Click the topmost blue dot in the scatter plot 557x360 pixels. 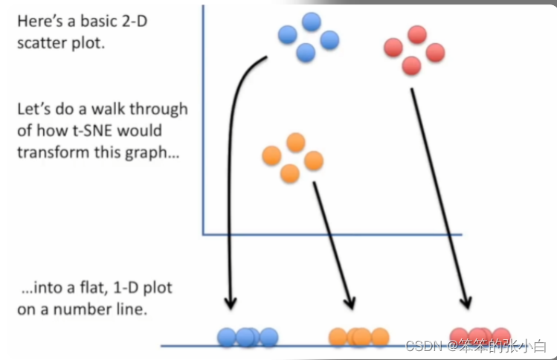coord(312,22)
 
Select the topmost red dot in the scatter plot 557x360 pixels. coord(417,34)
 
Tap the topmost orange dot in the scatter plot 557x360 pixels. coord(296,141)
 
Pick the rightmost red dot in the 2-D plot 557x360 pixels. coord(435,52)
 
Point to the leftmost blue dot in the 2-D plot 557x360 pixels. coord(287,34)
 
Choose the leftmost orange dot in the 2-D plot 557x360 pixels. coord(272,155)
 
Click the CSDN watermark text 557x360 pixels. coord(475,345)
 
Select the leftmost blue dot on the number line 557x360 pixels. coord(227,338)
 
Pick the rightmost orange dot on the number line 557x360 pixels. coord(380,337)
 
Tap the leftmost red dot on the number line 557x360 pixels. coord(460,336)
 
